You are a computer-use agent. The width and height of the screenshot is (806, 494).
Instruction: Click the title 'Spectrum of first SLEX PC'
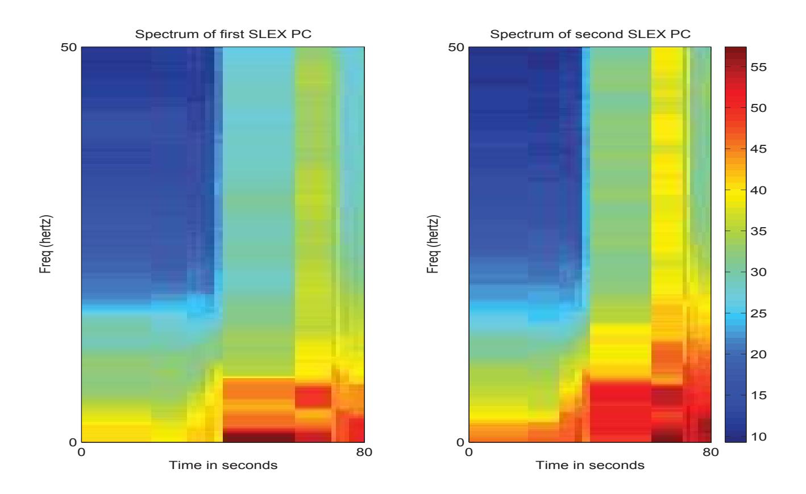tap(223, 34)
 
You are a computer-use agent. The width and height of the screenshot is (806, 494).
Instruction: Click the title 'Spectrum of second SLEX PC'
tap(591, 34)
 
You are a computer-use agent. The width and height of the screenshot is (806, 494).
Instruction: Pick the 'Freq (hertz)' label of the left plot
tap(45, 244)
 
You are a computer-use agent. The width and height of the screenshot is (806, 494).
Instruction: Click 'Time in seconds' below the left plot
tap(223, 465)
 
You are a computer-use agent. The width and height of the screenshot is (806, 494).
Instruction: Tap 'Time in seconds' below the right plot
tap(590, 465)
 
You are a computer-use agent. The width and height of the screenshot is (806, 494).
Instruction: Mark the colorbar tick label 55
tap(759, 67)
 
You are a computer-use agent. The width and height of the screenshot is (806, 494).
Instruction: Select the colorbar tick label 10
tap(759, 436)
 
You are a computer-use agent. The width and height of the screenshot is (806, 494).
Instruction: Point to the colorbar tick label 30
tap(759, 272)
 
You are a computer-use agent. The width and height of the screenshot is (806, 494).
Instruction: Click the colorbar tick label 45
tap(759, 149)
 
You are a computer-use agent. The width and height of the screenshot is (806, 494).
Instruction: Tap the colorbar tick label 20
tap(759, 354)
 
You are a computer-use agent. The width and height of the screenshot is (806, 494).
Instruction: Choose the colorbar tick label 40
tap(759, 190)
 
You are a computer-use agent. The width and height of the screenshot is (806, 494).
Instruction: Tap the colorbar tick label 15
tap(759, 395)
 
